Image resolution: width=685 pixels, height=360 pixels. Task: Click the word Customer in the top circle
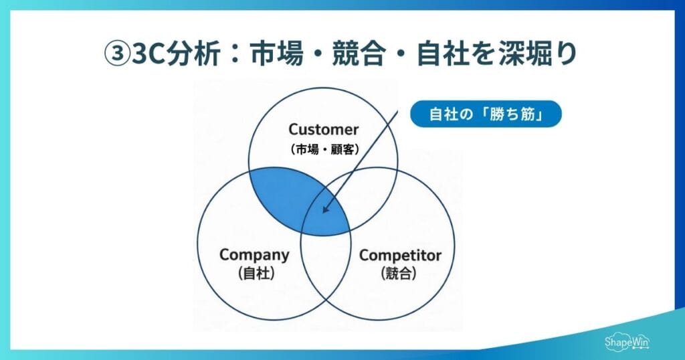click(x=324, y=129)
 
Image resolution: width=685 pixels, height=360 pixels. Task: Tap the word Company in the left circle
click(x=254, y=255)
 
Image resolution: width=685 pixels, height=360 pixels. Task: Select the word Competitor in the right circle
click(x=401, y=255)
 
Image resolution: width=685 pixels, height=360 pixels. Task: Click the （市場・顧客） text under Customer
click(x=324, y=149)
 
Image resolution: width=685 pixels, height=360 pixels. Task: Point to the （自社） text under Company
click(x=256, y=273)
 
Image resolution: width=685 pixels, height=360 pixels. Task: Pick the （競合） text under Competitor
click(x=399, y=273)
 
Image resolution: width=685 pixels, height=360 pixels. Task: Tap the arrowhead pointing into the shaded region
click(x=325, y=209)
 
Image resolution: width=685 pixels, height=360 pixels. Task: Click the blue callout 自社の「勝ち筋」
click(x=486, y=114)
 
